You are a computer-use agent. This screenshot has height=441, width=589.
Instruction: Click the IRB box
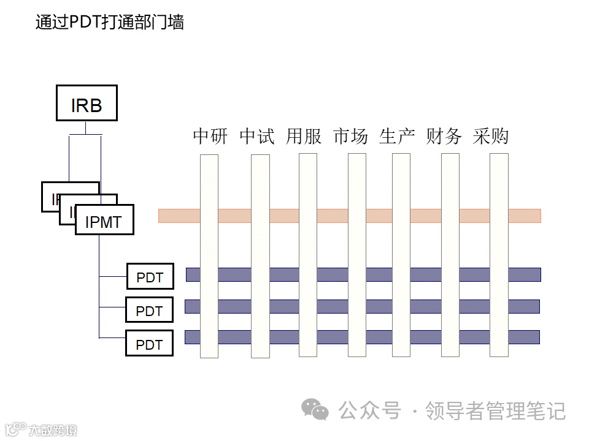(87, 103)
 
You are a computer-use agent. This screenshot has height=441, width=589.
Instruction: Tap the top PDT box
(150, 277)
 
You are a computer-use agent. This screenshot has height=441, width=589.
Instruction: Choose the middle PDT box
(149, 311)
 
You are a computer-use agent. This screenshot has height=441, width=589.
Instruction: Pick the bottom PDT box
(149, 344)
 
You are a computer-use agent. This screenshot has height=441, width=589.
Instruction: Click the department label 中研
(210, 136)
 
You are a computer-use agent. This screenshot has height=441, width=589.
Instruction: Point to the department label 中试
(257, 136)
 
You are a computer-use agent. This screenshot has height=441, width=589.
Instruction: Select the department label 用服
(304, 136)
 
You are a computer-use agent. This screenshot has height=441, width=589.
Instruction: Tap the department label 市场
(350, 136)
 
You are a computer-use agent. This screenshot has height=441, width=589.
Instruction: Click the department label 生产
(397, 136)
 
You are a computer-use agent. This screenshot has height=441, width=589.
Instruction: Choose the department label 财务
(444, 136)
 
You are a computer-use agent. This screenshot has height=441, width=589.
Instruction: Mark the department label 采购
(491, 136)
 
